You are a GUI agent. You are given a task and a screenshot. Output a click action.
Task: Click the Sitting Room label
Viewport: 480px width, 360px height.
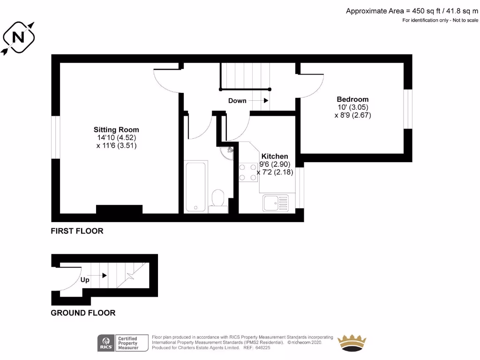pyautogui.click(x=116, y=130)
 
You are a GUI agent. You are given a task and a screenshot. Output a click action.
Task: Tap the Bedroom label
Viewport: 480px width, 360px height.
pyautogui.click(x=352, y=99)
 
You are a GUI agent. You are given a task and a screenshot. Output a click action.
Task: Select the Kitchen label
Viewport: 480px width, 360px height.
pyautogui.click(x=275, y=156)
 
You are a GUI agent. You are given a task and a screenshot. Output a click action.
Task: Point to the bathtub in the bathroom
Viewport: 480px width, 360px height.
pyautogui.click(x=196, y=186)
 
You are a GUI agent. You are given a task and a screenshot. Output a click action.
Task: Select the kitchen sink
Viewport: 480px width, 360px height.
pyautogui.click(x=276, y=203)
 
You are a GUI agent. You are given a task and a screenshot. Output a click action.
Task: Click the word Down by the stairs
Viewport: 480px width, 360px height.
pyautogui.click(x=237, y=101)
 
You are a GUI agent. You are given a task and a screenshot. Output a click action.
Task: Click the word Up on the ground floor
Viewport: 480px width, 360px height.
pyautogui.click(x=85, y=280)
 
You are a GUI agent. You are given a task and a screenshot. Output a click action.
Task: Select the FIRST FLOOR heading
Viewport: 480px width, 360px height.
pyautogui.click(x=77, y=231)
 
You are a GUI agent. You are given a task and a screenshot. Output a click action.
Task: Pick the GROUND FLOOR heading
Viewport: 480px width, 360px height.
pyautogui.click(x=83, y=313)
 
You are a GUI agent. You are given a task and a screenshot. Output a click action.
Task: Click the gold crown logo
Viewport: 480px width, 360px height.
pyautogui.click(x=352, y=343)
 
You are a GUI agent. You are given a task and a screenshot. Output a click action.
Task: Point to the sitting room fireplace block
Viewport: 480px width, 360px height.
pyautogui.click(x=119, y=210)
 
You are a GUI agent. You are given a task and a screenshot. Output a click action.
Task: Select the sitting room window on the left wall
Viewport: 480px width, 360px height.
pyautogui.click(x=56, y=137)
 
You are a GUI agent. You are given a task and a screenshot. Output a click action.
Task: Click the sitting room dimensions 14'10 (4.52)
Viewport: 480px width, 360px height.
pyautogui.click(x=116, y=138)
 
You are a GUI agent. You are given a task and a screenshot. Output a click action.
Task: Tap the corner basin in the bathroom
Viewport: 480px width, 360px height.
pyautogui.click(x=228, y=151)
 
